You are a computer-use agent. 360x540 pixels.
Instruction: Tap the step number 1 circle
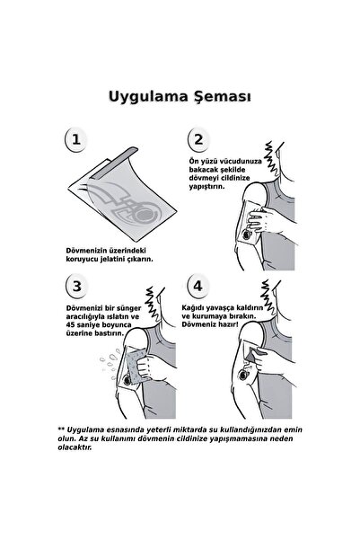[77, 140]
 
